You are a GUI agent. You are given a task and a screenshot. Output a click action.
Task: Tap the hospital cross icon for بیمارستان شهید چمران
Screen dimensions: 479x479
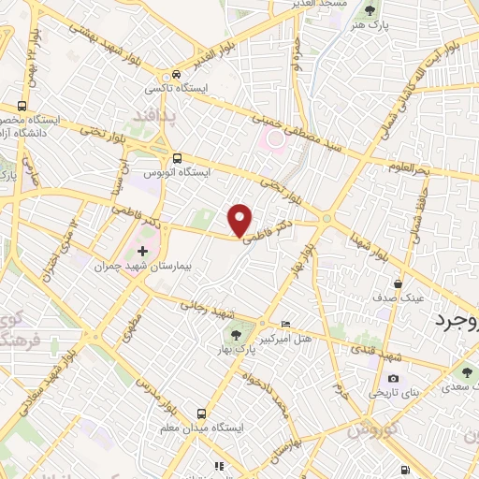(142, 251)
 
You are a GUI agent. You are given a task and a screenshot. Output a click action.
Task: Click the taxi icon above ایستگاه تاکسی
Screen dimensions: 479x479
(175, 75)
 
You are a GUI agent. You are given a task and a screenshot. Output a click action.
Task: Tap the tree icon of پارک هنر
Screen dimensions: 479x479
(370, 10)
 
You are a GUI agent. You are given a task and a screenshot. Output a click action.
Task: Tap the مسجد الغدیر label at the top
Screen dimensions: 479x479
(317, 6)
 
